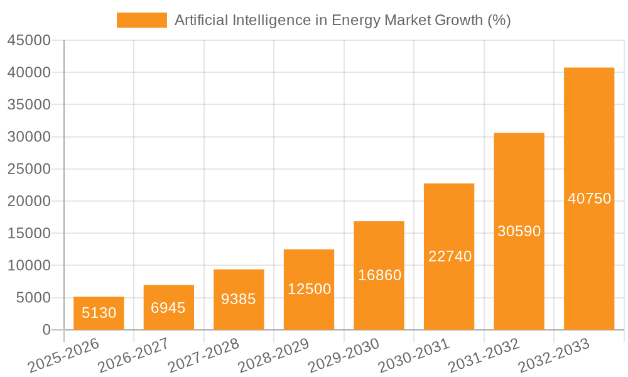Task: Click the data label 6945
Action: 168,308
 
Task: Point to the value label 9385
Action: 239,299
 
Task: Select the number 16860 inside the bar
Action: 379,275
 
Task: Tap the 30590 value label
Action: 519,231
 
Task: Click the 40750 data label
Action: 589,199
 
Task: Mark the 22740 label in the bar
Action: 450,256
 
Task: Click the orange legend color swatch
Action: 141,20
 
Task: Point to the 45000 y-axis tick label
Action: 29,40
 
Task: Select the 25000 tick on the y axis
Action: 29,169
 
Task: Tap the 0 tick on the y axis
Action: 46,330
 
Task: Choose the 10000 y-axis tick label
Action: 29,266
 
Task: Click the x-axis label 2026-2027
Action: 134,356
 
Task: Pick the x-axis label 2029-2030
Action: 344,356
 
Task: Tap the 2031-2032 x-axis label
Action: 484,356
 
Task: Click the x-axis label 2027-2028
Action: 204,356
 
